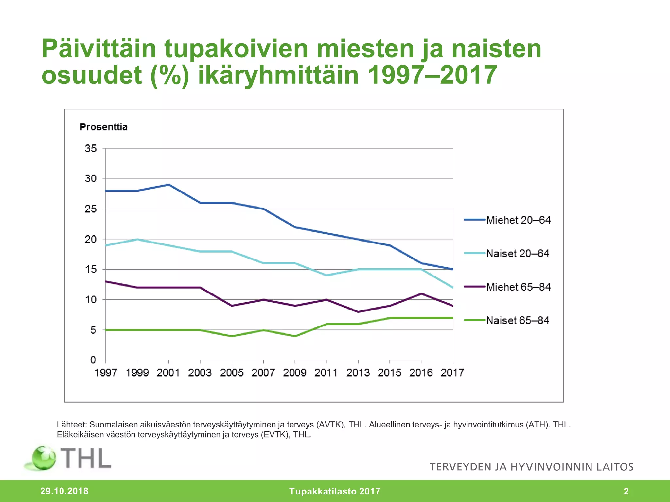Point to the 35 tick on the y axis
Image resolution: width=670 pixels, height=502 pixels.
tap(91, 149)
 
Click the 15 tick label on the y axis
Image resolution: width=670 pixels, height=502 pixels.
tap(91, 270)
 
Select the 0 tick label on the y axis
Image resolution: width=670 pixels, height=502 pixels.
tap(93, 360)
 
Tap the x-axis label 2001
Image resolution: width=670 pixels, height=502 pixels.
tap(168, 373)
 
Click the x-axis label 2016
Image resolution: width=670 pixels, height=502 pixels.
tap(421, 373)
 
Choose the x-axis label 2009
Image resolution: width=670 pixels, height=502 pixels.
tap(294, 373)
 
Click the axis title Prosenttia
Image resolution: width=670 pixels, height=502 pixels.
tap(103, 127)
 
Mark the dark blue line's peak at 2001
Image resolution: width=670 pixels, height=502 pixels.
tap(168, 185)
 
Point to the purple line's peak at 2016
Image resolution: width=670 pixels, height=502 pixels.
tap(421, 293)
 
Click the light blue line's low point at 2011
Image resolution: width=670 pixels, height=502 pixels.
tap(326, 275)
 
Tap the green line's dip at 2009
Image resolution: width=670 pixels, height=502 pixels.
tap(295, 336)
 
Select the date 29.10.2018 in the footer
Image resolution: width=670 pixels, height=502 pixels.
tap(64, 491)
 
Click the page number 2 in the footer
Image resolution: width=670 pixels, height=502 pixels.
tap(626, 491)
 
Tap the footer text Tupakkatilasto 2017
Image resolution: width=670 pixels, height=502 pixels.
tap(334, 491)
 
